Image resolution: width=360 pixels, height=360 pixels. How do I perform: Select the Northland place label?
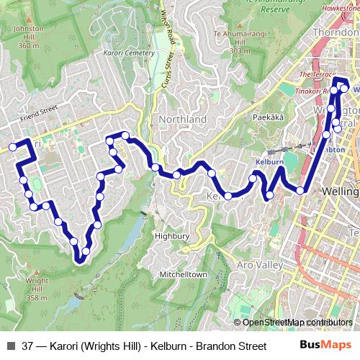click(183, 119)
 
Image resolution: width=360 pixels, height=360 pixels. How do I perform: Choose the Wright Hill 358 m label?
click(37, 289)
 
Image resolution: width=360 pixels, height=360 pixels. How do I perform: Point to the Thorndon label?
click(336, 33)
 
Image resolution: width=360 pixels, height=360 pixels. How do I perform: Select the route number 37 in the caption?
click(28, 346)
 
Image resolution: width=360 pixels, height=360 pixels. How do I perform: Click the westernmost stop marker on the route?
click(12, 147)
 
